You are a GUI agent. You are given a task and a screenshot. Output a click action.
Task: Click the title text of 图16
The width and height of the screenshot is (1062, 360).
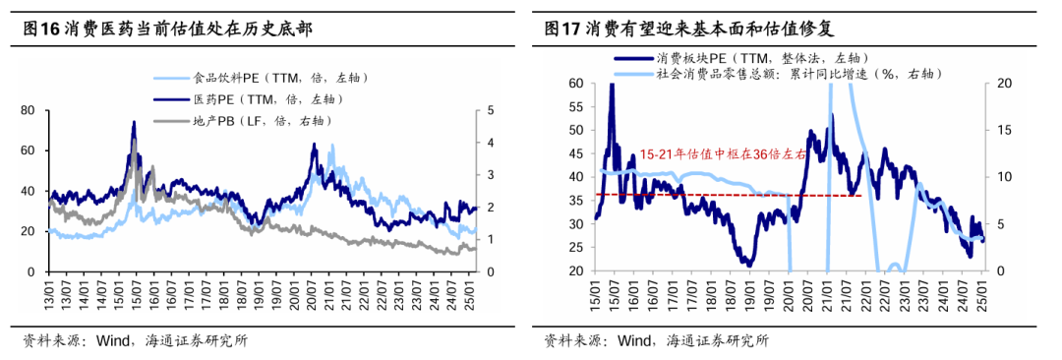pyautogui.click(x=167, y=29)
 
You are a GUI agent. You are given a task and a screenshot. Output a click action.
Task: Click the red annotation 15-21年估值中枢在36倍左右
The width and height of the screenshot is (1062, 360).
pyautogui.click(x=723, y=154)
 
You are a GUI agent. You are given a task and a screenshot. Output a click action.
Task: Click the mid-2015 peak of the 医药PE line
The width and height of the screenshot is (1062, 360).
pyautogui.click(x=134, y=122)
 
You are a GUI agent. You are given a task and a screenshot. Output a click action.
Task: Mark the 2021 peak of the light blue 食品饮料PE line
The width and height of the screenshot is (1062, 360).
pyautogui.click(x=331, y=146)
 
